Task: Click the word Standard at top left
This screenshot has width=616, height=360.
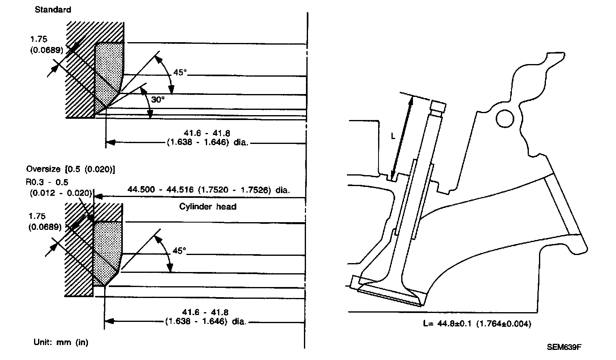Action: (x=53, y=10)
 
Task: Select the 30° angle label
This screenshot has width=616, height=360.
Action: (x=158, y=99)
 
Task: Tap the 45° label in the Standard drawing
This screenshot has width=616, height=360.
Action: (x=180, y=73)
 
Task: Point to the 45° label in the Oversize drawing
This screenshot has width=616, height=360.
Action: (x=179, y=251)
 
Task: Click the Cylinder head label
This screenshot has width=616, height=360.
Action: (x=207, y=207)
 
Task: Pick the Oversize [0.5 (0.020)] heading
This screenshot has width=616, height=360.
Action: (x=70, y=169)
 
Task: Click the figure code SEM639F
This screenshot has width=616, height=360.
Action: (x=564, y=347)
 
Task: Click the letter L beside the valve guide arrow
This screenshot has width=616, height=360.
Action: (x=393, y=137)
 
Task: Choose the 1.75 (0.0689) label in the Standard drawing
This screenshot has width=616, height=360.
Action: (x=45, y=45)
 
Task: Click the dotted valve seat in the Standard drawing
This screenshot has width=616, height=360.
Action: (x=109, y=73)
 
